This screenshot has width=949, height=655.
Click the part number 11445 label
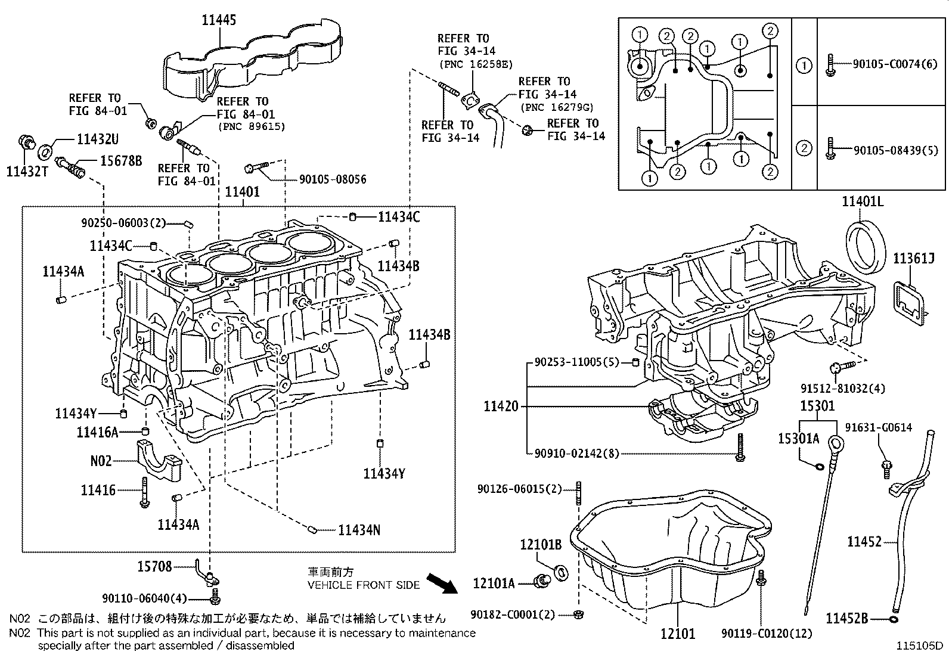click(x=219, y=20)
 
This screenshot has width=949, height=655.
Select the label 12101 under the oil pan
click(x=678, y=634)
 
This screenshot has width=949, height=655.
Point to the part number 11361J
click(x=913, y=258)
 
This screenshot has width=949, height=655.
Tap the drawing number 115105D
click(x=921, y=645)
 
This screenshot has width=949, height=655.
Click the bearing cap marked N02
click(x=158, y=459)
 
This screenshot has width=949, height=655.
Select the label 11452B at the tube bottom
click(x=846, y=619)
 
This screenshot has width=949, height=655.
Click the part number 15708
click(x=154, y=566)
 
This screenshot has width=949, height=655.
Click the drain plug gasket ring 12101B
click(x=561, y=573)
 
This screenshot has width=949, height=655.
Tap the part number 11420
click(x=501, y=406)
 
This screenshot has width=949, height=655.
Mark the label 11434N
click(x=359, y=530)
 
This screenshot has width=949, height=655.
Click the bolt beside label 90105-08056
click(x=257, y=167)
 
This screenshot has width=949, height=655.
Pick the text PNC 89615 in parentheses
click(x=251, y=126)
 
